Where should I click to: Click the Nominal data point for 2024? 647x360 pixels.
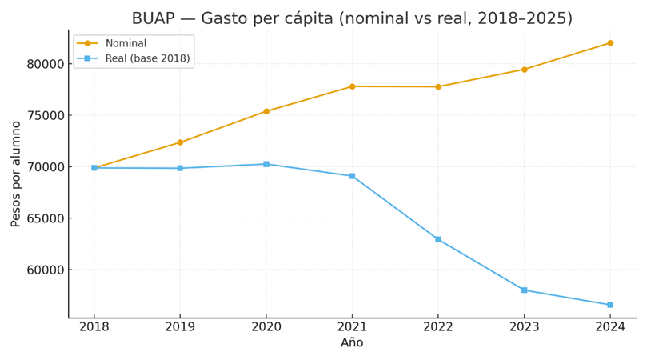coord(610,43)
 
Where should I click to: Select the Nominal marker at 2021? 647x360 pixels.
coord(352,86)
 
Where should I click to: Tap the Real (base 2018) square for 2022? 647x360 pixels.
coord(438,239)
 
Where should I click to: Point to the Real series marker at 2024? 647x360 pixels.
coord(610,305)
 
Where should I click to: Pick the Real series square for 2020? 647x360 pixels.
coord(266,164)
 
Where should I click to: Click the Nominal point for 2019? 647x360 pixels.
coord(180,142)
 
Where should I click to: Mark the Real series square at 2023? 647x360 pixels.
coord(525,290)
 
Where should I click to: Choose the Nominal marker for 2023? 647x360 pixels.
coord(525,70)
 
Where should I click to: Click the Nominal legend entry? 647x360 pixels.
coord(126,43)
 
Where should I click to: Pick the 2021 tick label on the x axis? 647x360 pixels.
coord(352,327)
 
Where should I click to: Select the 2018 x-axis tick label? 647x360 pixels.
coord(94,327)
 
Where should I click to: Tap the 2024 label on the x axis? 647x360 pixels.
coord(610,327)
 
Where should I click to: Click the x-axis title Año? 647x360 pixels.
coord(352,343)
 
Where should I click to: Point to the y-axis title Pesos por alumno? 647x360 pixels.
coord(16,174)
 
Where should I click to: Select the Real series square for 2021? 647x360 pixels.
coord(352,176)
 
